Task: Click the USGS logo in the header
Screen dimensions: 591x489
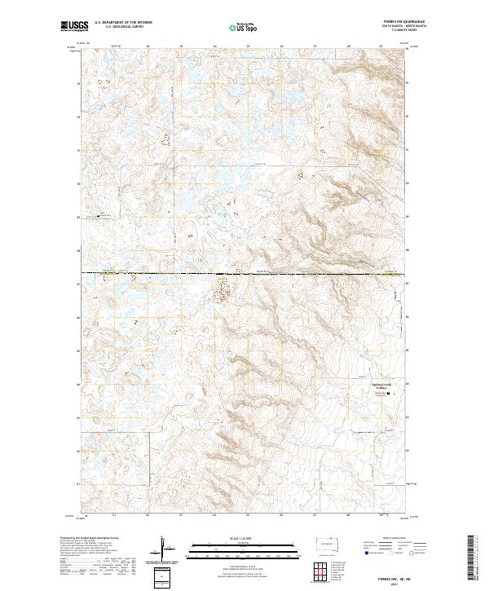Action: [75, 27]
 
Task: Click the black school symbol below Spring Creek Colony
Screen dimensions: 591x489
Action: [387, 394]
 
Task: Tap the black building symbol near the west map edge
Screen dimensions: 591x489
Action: [99, 216]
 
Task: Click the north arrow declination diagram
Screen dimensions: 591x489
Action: [164, 550]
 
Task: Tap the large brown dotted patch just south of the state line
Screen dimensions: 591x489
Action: [221, 289]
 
